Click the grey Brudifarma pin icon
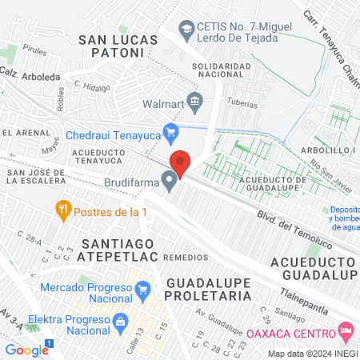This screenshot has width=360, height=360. [x=170, y=182]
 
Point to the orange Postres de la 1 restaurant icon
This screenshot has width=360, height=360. [x=63, y=210]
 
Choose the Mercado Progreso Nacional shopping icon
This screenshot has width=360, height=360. [x=142, y=288]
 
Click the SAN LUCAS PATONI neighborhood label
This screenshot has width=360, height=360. [x=112, y=45]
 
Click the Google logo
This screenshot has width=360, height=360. [x=26, y=350]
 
